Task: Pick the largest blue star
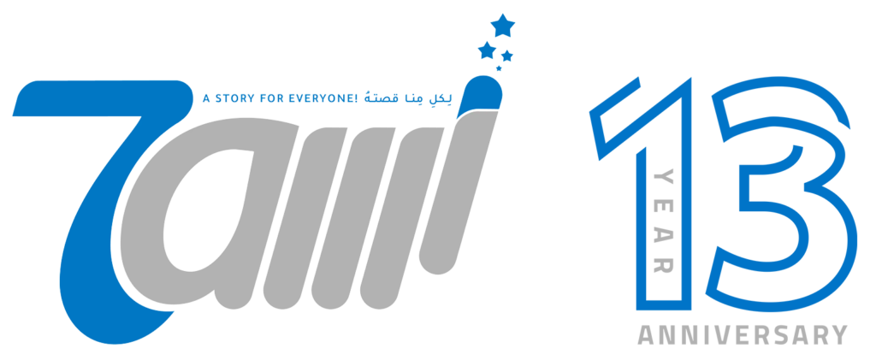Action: (502, 25)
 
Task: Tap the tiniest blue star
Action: (499, 68)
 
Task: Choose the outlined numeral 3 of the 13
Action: (782, 192)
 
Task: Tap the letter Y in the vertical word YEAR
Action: (663, 178)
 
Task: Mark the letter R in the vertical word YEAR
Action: (663, 264)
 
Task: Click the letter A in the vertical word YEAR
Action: (663, 235)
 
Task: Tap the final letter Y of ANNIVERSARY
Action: (838, 335)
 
